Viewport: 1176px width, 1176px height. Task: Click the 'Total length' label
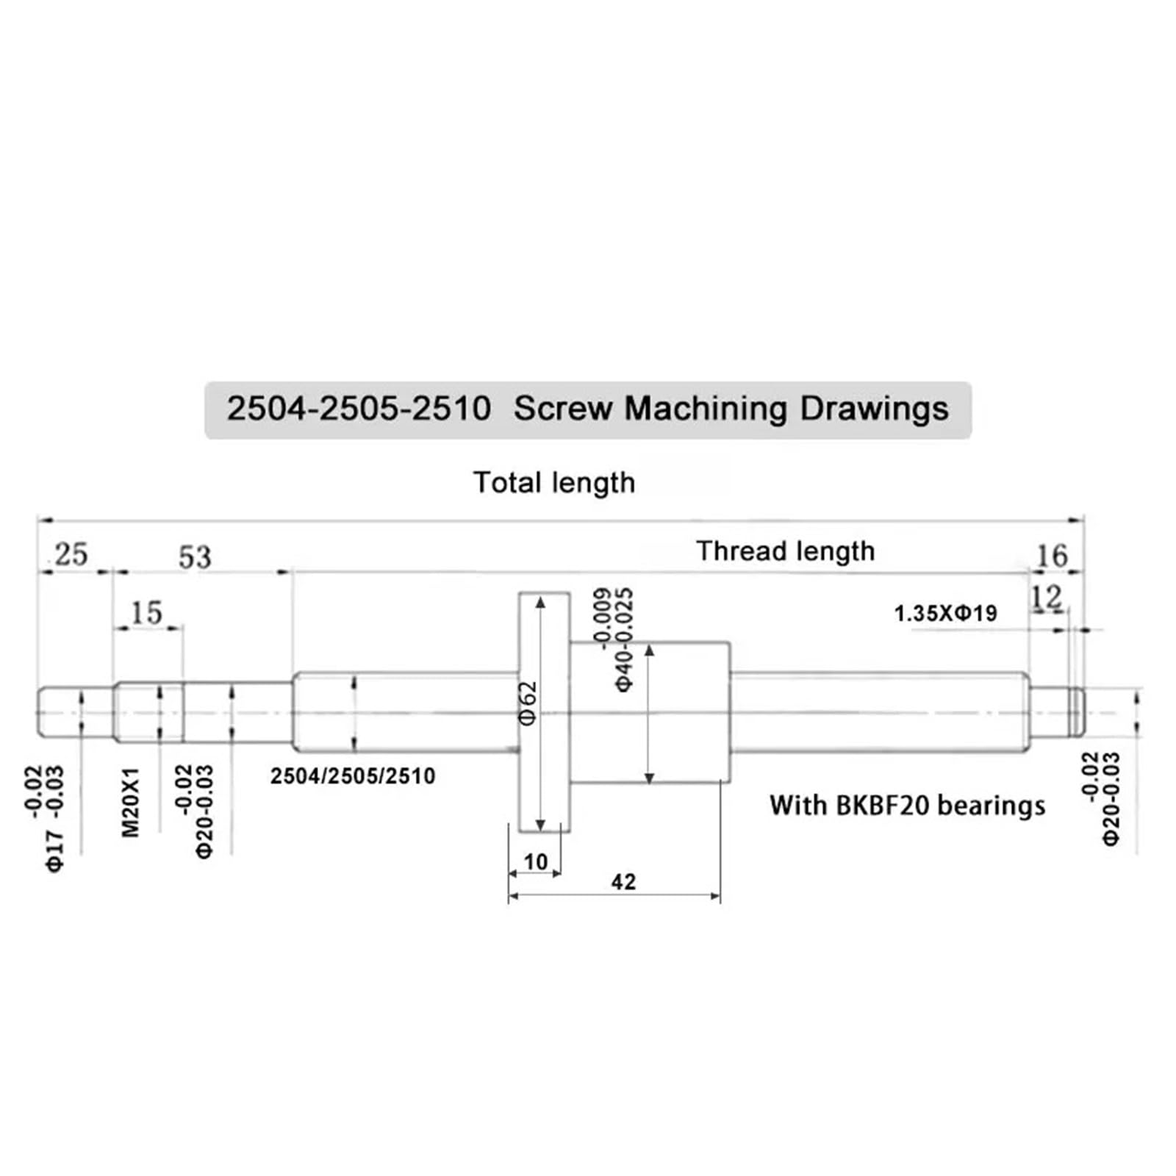(554, 483)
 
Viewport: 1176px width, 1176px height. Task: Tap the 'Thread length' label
(785, 551)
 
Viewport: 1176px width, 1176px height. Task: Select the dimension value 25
(71, 554)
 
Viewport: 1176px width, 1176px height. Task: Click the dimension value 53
(195, 557)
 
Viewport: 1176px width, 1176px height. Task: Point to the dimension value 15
(146, 613)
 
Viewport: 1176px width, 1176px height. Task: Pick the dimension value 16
(1051, 556)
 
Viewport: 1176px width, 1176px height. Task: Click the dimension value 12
(1047, 598)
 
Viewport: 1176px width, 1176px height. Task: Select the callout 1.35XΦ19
(945, 613)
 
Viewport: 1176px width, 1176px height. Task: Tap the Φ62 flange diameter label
(528, 703)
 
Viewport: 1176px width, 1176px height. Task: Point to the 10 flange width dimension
(535, 861)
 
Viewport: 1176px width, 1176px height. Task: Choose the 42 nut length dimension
(623, 881)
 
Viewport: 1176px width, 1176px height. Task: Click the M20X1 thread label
(130, 802)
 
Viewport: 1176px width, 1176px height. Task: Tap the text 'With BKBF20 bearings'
(907, 806)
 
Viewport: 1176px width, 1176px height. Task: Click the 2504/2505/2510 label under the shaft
(353, 776)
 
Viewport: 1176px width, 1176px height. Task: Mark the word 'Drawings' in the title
(874, 409)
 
